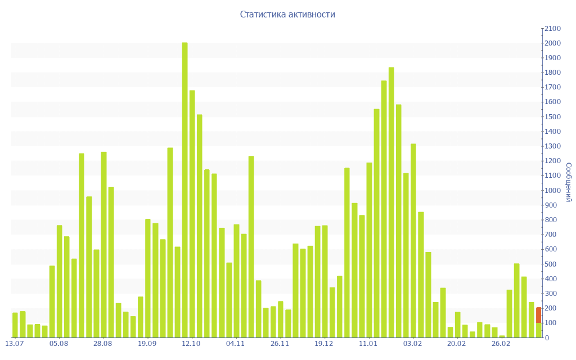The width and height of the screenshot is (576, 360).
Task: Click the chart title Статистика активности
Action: (287, 15)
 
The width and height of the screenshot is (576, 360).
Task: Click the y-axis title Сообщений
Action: (569, 182)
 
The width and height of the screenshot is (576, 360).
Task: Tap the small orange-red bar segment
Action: (538, 315)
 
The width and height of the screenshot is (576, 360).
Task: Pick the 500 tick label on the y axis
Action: (552, 264)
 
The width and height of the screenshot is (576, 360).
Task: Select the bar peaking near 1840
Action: (391, 202)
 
